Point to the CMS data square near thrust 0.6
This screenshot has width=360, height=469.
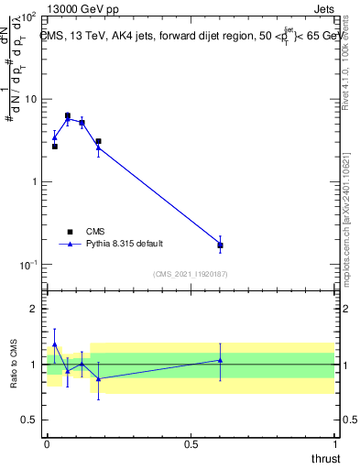tap(220, 245)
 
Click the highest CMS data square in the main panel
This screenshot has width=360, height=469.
tap(68, 115)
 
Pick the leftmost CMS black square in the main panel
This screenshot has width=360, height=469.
tap(55, 147)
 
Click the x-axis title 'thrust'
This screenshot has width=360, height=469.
tap(324, 458)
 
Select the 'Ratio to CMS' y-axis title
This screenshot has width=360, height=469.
tap(13, 364)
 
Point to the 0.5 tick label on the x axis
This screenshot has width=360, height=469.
tap(191, 444)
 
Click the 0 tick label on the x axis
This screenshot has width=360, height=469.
tap(47, 444)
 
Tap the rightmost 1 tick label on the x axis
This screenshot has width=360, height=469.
tap(335, 444)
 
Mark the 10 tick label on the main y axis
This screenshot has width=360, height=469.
tap(29, 99)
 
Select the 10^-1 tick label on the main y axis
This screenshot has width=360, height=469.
tap(27, 264)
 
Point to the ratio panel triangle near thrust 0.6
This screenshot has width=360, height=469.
tap(220, 360)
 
